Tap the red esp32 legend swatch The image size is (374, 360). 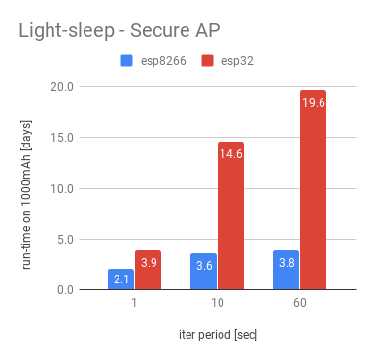207,61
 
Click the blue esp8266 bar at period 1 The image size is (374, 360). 120,279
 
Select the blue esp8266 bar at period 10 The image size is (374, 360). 203,272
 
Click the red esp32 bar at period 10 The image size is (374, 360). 231,215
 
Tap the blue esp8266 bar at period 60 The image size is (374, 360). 286,271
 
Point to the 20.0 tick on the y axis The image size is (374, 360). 62,86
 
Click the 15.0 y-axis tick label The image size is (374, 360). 62,137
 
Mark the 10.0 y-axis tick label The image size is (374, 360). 62,188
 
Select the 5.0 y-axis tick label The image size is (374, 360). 66,239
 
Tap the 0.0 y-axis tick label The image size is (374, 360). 66,289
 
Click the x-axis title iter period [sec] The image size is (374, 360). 217,334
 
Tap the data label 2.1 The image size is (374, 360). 120,279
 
